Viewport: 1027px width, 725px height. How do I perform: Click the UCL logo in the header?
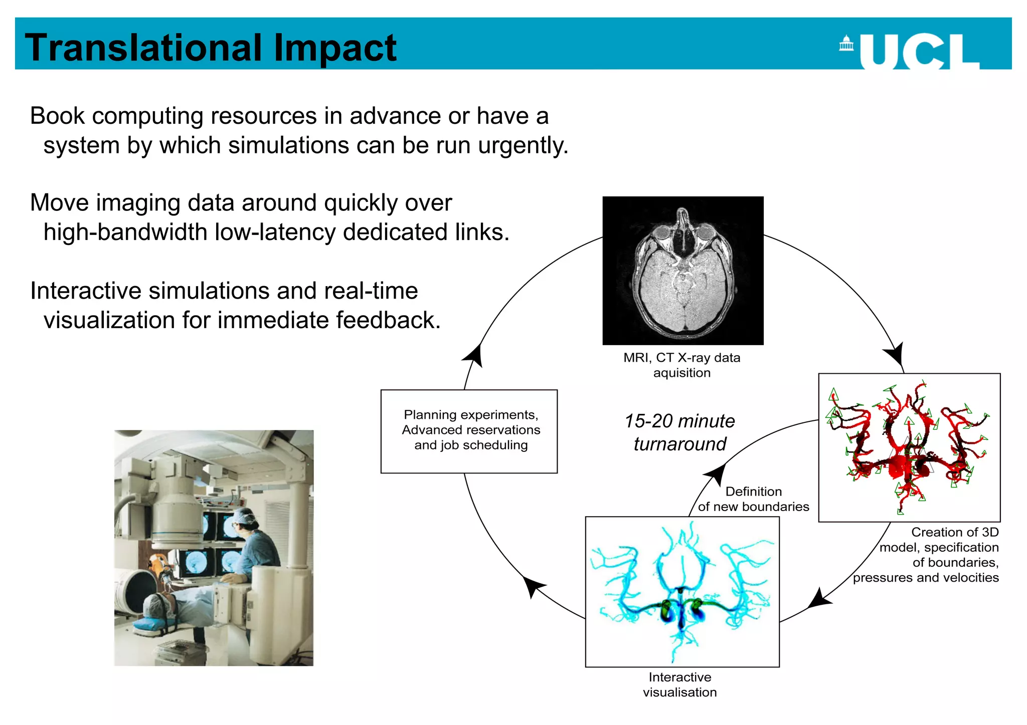(910, 51)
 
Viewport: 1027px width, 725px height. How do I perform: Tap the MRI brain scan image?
(682, 271)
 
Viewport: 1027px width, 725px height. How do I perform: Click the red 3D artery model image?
(909, 447)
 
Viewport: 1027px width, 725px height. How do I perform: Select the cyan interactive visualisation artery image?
(682, 591)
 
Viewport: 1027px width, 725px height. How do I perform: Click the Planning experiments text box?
(469, 431)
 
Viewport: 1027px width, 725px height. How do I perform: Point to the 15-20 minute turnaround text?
(679, 432)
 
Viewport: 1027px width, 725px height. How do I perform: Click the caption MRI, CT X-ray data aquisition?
(681, 365)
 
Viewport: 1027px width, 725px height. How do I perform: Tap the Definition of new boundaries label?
(753, 499)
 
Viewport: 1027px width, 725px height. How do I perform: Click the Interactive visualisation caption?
(679, 684)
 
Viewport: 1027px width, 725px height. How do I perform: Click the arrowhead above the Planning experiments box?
(474, 355)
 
